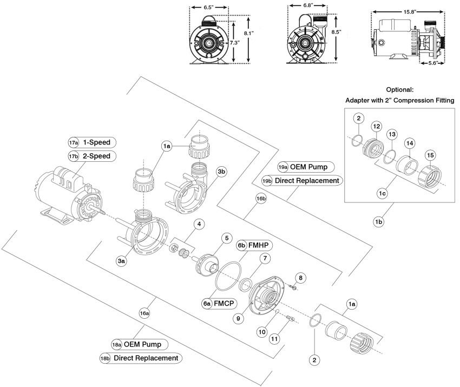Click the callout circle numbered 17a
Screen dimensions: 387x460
pos(74,143)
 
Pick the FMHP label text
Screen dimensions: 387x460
pos(261,245)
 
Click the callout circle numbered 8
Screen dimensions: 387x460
pos(301,278)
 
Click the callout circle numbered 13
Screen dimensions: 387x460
pos(392,134)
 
